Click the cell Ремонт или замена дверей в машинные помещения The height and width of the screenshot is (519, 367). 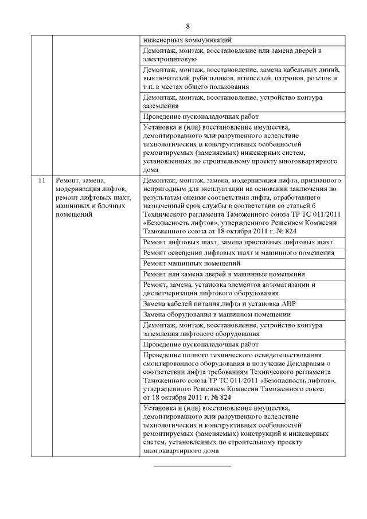pyautogui.click(x=224, y=274)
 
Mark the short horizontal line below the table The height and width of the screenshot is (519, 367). pyautogui.click(x=192, y=466)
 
